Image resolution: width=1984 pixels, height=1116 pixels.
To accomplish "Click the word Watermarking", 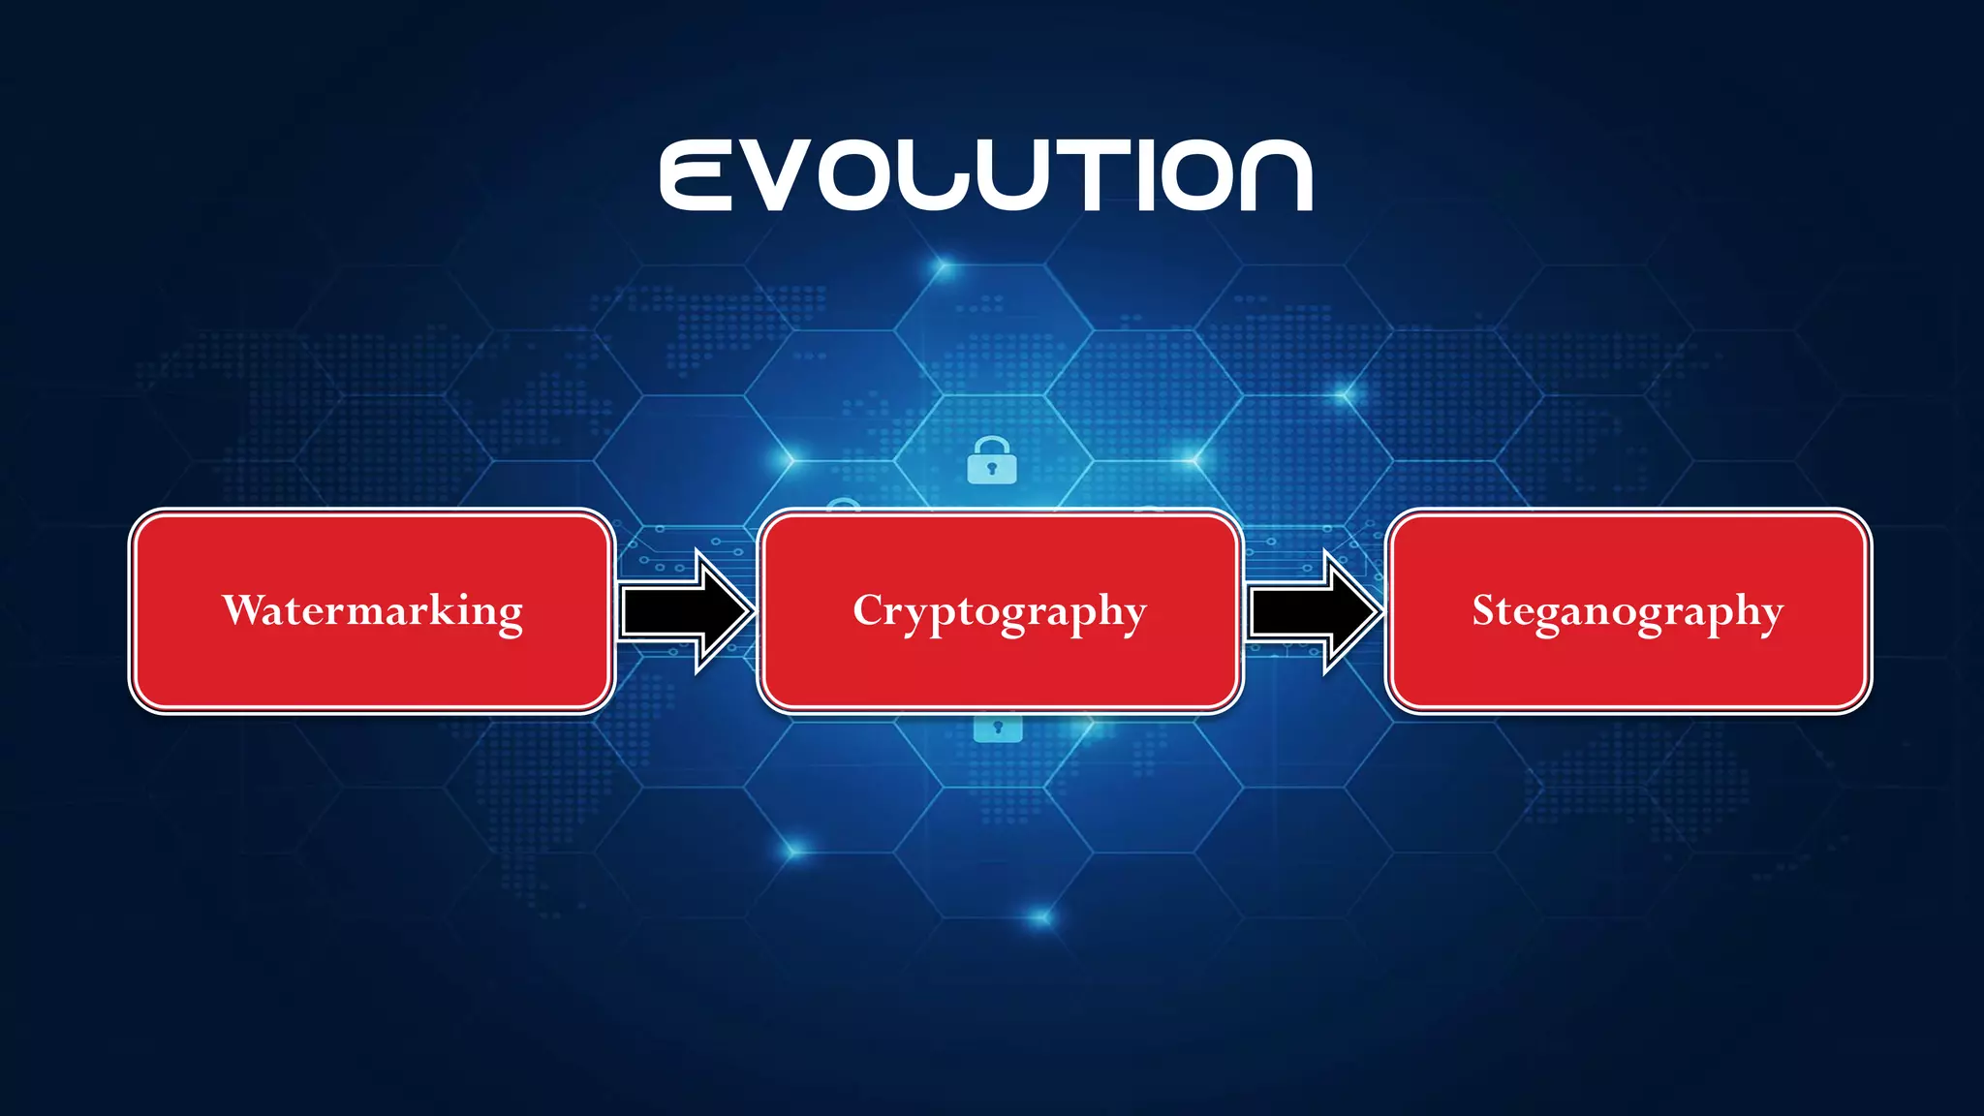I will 373,610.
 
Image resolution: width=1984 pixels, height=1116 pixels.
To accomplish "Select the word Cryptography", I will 1000,611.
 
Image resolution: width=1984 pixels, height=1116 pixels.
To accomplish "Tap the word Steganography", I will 1627,611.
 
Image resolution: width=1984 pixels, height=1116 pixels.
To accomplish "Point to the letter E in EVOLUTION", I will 696,175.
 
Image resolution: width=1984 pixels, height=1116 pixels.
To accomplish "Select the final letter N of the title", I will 1276,175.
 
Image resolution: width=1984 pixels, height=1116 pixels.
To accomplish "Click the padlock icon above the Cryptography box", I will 992,461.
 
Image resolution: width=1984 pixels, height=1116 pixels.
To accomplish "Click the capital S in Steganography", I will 1485,609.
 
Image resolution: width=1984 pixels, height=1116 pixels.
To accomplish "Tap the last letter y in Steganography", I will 1770,617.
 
